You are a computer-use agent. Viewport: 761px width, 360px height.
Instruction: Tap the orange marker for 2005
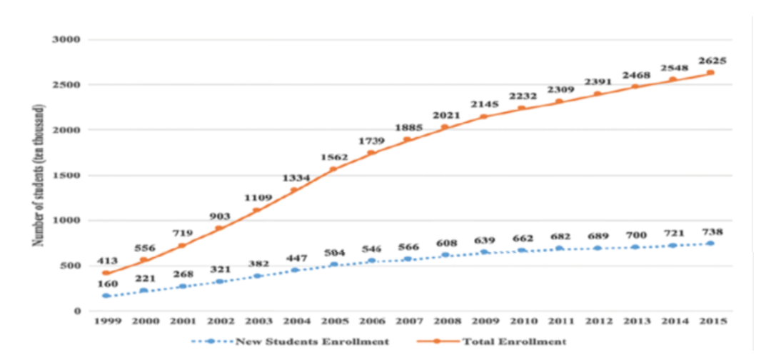(333, 169)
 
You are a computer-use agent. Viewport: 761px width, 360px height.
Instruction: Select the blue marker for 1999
(106, 296)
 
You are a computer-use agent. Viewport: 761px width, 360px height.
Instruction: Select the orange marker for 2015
(711, 73)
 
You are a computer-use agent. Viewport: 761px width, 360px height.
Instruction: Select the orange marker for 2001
(181, 246)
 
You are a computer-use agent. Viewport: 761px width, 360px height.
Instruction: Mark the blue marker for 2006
(371, 261)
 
